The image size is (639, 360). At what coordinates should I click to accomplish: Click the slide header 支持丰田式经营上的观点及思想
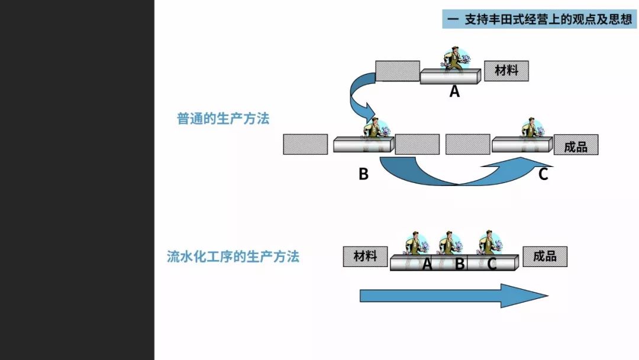point(539,19)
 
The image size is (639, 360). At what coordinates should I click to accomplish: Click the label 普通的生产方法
point(223,118)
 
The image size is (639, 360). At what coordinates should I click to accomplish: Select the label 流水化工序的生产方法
point(233,256)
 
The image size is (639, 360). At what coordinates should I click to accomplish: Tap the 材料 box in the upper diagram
point(506,70)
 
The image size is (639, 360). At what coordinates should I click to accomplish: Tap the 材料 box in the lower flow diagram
point(365,256)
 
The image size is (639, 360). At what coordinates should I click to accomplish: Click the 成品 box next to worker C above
point(576,145)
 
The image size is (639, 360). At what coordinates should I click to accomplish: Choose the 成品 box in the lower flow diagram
point(544,256)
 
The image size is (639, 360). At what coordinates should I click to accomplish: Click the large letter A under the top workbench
point(454,92)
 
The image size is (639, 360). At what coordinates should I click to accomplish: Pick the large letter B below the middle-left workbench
point(363,175)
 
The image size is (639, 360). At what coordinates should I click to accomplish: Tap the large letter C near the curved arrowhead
point(543,175)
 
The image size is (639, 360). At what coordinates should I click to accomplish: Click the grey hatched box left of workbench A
point(398,70)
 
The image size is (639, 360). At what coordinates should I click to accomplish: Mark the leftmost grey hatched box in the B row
point(305,144)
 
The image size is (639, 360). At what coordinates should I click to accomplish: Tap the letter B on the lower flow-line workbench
point(460,264)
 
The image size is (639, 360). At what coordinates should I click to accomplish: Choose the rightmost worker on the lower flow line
point(489,243)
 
